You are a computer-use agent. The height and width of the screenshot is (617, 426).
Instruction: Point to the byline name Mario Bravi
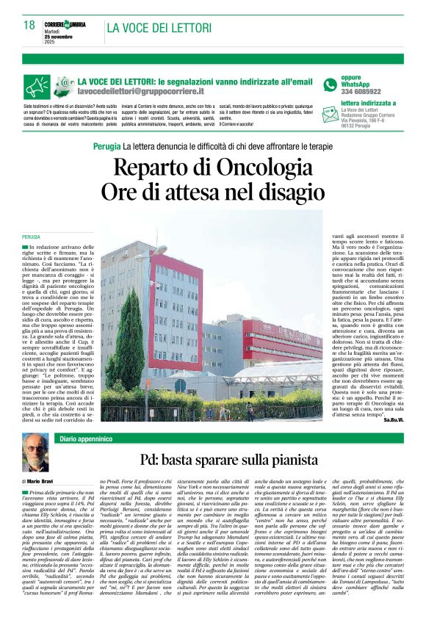point(43,481)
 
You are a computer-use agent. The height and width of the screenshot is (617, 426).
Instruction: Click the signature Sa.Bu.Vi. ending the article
point(394,419)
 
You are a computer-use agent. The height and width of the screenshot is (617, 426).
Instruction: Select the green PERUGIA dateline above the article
point(31,237)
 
